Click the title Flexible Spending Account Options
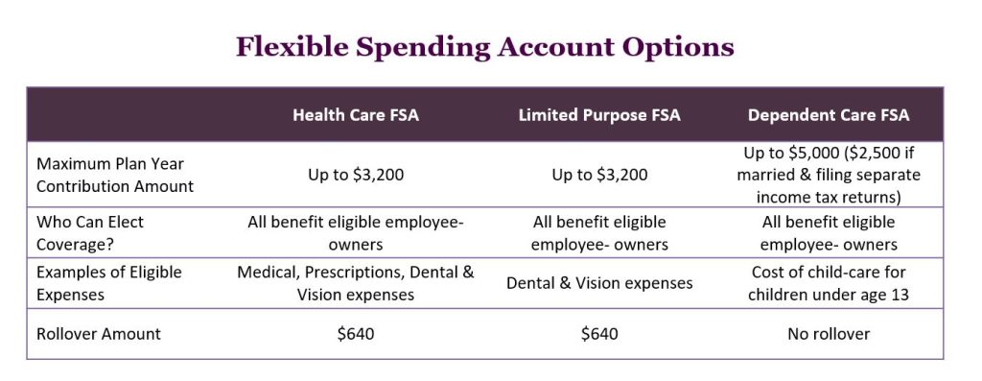click(x=484, y=48)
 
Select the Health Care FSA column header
click(x=356, y=115)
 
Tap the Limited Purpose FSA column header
click(x=599, y=115)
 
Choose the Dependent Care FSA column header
click(x=829, y=115)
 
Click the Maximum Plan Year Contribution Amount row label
click(x=115, y=175)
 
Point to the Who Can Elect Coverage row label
click(x=90, y=233)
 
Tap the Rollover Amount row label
click(x=99, y=334)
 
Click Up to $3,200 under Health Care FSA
click(x=356, y=175)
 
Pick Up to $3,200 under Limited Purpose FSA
click(x=599, y=175)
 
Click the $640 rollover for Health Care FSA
click(x=356, y=334)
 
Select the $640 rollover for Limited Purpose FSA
click(x=599, y=334)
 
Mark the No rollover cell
click(x=829, y=334)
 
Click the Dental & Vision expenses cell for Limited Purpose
click(x=599, y=283)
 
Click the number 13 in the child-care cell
click(x=900, y=295)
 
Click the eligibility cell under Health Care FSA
click(x=356, y=233)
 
